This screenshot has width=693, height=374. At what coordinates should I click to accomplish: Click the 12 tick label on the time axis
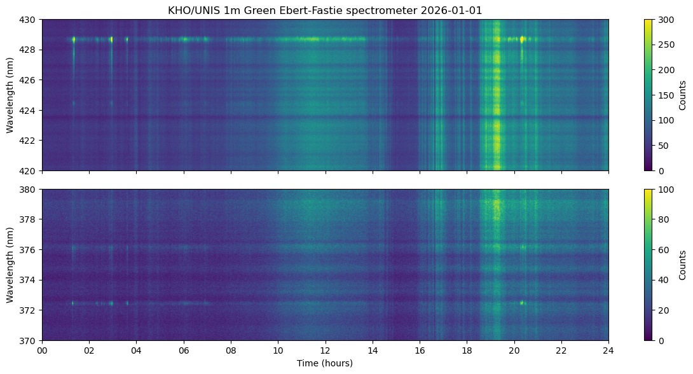326,350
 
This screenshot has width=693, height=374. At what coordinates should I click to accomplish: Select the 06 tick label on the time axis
184,350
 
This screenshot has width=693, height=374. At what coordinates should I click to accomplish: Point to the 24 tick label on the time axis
608,350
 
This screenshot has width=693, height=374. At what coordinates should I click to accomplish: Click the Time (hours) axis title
325,363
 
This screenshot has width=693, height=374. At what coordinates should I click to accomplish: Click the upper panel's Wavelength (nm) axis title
10,95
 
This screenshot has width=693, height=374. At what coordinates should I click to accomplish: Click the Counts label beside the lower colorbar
682,265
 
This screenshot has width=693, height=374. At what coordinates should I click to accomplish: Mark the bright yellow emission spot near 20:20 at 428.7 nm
522,39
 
